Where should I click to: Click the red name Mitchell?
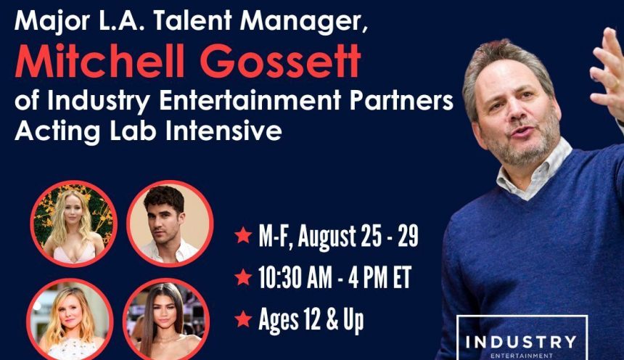(x=100, y=60)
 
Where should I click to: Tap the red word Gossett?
(x=280, y=61)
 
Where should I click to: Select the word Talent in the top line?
(x=192, y=20)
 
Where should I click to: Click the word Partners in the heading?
(x=401, y=100)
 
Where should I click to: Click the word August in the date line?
(x=327, y=236)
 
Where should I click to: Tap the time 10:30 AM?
(x=295, y=277)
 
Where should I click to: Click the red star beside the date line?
(x=243, y=235)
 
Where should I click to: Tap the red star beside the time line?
(x=243, y=277)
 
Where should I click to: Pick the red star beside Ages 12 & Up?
(x=243, y=319)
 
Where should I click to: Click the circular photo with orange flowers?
(x=73, y=224)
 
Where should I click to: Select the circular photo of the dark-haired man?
(x=170, y=224)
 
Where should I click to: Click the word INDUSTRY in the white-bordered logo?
(x=521, y=342)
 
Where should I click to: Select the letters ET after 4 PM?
(x=403, y=277)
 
